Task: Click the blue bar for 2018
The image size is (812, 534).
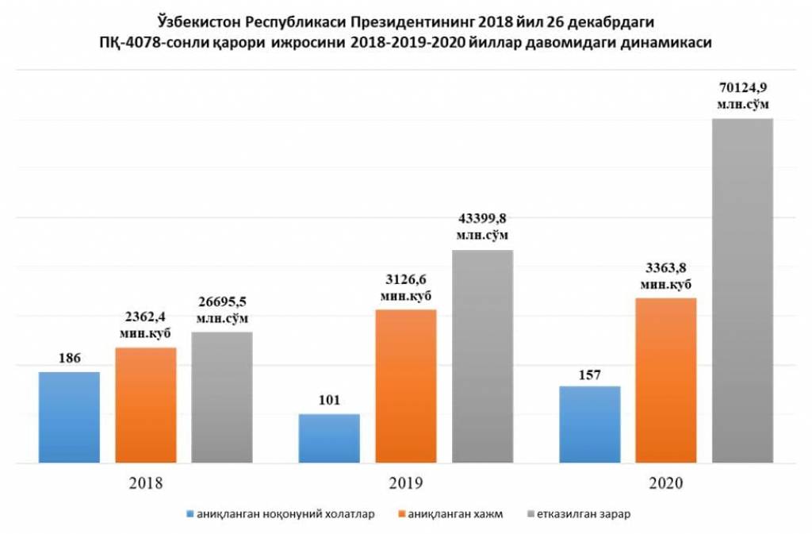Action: pyautogui.click(x=69, y=417)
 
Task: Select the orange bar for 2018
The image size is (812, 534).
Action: pyautogui.click(x=146, y=405)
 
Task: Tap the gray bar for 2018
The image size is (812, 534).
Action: pyautogui.click(x=222, y=397)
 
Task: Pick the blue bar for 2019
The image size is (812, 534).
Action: pyautogui.click(x=329, y=438)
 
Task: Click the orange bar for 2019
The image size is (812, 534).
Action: pyautogui.click(x=406, y=386)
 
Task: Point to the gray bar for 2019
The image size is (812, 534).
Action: pyautogui.click(x=483, y=356)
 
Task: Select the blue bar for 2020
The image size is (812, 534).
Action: pyautogui.click(x=589, y=425)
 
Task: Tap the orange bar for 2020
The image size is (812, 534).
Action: pyautogui.click(x=666, y=380)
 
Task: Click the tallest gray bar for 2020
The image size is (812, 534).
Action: pyautogui.click(x=743, y=290)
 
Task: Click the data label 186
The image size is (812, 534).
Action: pyautogui.click(x=69, y=359)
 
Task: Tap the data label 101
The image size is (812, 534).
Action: pyautogui.click(x=329, y=400)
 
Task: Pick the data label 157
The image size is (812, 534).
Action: pyautogui.click(x=589, y=373)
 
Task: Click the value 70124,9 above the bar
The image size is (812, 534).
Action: pyautogui.click(x=743, y=87)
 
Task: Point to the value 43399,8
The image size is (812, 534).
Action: pyautogui.click(x=483, y=219)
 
